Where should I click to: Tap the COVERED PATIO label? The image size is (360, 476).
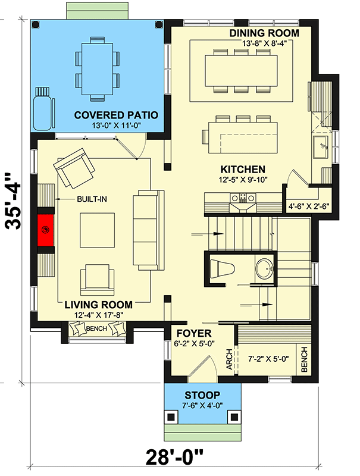[x=115, y=114]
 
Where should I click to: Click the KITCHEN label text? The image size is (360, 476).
[x=243, y=169]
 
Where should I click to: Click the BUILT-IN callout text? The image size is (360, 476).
[x=91, y=198]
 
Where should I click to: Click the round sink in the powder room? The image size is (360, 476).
[x=264, y=268]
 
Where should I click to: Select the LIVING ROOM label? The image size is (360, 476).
[x=99, y=304]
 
